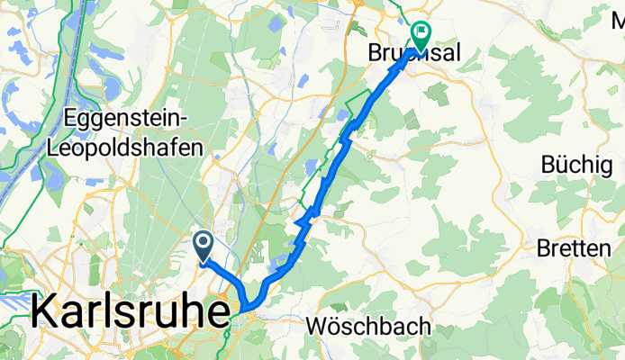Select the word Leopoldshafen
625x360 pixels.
(134, 148)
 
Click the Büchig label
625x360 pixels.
(575, 166)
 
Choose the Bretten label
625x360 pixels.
(574, 248)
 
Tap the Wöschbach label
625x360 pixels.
(367, 326)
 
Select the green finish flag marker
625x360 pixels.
(421, 33)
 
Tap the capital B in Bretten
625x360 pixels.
(545, 248)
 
